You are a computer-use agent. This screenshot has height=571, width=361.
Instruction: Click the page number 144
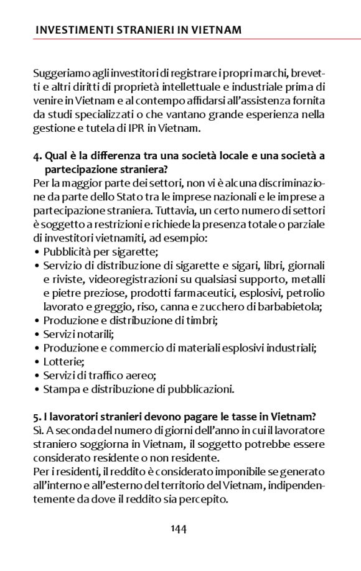tap(179, 529)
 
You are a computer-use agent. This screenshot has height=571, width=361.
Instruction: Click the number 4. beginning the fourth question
tap(37, 156)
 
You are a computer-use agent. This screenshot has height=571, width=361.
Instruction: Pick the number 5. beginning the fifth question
tap(37, 417)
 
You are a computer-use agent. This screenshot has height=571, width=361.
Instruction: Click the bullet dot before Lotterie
tap(37, 362)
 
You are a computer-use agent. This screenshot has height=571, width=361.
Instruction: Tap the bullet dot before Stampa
tap(37, 389)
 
